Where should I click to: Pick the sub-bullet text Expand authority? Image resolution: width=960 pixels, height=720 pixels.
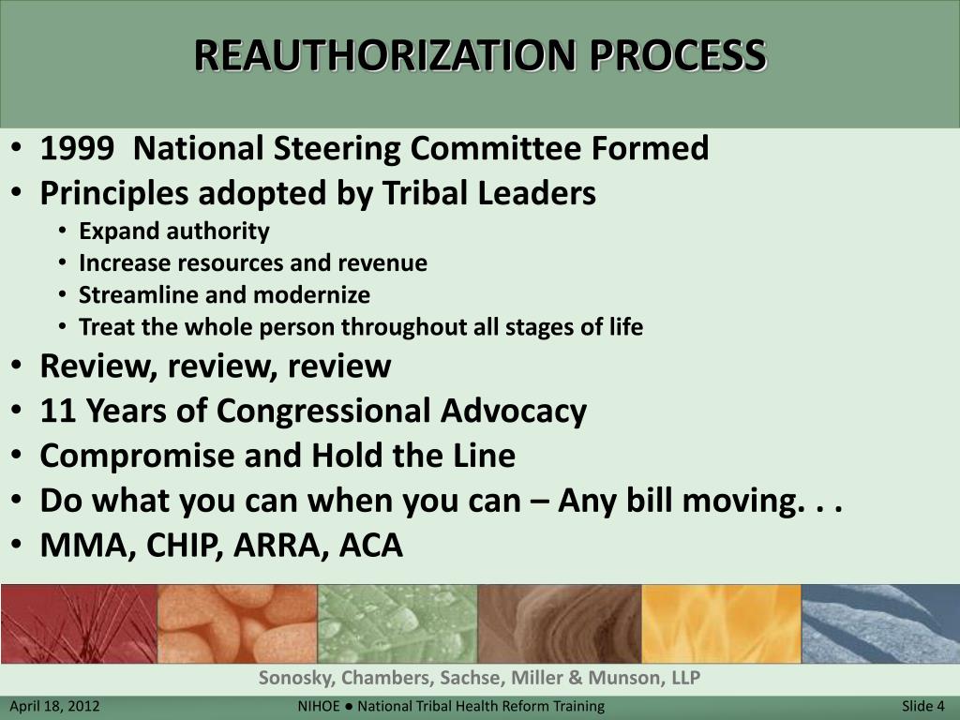coord(174,232)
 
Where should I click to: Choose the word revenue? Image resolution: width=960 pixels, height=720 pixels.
coord(387,263)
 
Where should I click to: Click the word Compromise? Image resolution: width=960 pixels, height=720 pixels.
coord(138,456)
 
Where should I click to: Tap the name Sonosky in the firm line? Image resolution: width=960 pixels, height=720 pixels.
coord(297,678)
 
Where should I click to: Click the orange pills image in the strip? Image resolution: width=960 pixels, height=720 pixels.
coord(237,623)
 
